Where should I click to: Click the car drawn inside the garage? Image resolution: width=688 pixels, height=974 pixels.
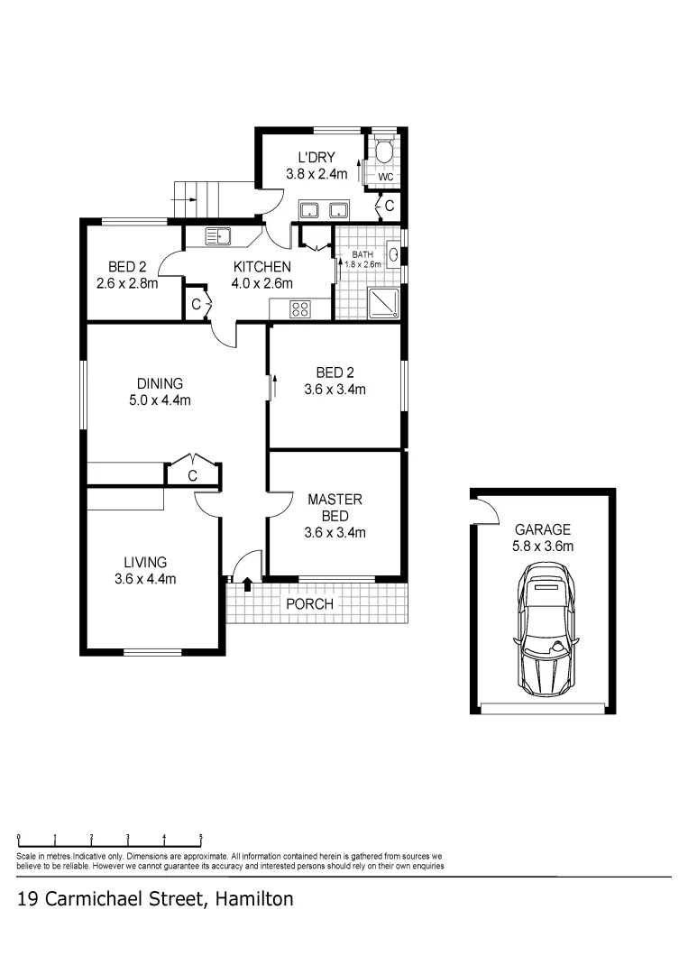point(544,630)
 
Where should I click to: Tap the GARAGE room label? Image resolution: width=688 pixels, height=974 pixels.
point(543,529)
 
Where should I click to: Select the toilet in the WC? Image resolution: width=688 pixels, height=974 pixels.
point(385,151)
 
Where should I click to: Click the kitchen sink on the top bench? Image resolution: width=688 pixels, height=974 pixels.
point(218,236)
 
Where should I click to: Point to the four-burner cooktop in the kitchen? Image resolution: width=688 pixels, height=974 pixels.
point(300,309)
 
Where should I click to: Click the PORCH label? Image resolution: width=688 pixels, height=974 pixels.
point(309,603)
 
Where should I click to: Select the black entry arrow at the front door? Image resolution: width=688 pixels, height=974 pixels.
point(246,585)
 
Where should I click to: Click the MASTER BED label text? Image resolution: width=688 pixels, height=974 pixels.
point(335,507)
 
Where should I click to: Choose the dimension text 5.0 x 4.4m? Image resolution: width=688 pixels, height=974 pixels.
point(160,400)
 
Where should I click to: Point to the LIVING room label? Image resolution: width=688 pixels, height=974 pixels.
point(145,562)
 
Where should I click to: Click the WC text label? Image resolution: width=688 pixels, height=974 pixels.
point(385,177)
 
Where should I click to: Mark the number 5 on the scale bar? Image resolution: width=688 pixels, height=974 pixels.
point(200,837)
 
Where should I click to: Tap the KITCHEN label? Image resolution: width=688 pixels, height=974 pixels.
point(262,267)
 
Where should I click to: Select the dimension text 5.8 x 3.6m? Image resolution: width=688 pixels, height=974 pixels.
point(543,546)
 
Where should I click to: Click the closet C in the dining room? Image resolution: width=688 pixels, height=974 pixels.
point(192,475)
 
